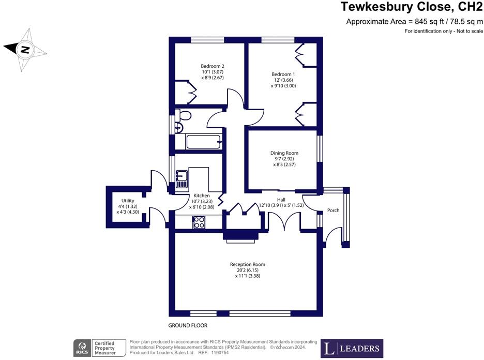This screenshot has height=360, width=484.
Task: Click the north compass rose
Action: [x=24, y=50]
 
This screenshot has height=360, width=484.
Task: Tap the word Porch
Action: [x=333, y=211]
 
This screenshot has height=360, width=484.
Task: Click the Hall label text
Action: [x=281, y=200]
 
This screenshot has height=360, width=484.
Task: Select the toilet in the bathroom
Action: [x=183, y=115]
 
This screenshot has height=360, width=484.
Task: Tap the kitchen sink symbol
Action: [x=182, y=179]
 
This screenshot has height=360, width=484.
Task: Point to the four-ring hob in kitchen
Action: [x=199, y=222]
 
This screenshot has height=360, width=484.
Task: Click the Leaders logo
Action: [x=352, y=348]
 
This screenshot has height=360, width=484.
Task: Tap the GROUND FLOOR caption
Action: [x=188, y=326]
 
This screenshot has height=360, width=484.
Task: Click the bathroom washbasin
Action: [x=179, y=127]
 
